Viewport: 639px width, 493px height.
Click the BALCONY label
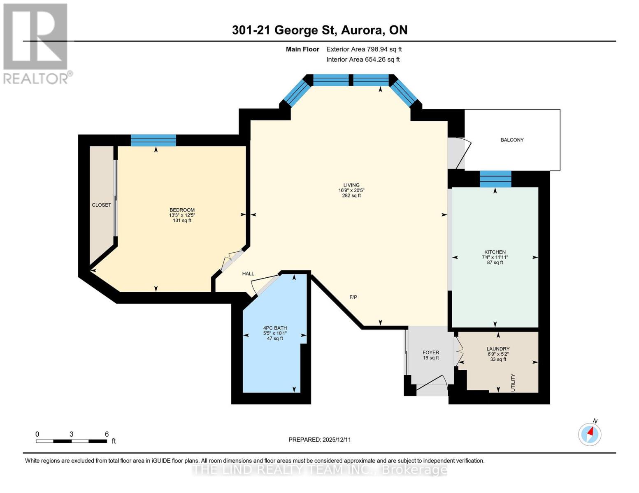[x=512, y=140]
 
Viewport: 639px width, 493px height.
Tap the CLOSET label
[x=101, y=205]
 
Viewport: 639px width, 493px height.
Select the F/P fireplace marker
[x=353, y=297]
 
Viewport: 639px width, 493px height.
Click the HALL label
[x=248, y=274]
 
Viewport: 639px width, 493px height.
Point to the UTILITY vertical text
[x=513, y=382]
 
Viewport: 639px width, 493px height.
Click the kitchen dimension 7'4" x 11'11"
[x=495, y=257]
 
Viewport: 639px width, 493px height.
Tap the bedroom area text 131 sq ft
[x=182, y=221]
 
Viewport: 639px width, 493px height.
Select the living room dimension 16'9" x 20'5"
[x=351, y=190]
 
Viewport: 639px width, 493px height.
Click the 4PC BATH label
[x=275, y=328]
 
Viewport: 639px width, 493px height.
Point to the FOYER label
[x=431, y=352]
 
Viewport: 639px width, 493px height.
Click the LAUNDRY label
[x=498, y=349]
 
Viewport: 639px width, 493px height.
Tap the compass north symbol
[x=590, y=434]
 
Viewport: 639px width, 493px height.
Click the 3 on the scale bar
[x=72, y=434]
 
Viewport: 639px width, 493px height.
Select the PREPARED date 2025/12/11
[x=337, y=440]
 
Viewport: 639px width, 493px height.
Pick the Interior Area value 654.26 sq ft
[x=382, y=60]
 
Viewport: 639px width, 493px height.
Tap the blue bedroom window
[x=153, y=140]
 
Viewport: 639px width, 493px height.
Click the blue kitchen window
[x=495, y=179]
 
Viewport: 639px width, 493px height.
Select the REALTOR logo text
[x=36, y=78]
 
